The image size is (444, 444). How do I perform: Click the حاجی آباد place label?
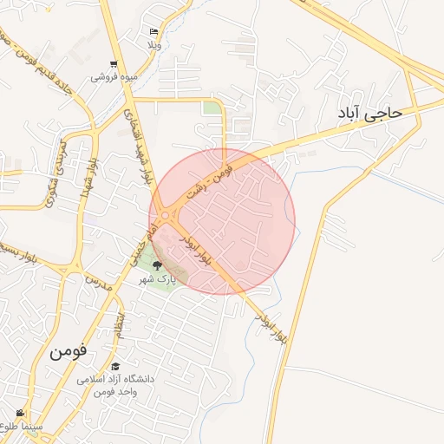[x=372, y=114]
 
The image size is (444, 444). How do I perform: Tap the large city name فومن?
[x=69, y=351]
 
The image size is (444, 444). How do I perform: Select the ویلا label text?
[x=154, y=43]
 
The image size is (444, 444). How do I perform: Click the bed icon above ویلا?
[x=154, y=31]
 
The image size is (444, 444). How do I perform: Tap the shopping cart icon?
[x=114, y=64]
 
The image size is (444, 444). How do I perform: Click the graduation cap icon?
[x=116, y=367]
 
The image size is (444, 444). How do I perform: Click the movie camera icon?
[x=19, y=413]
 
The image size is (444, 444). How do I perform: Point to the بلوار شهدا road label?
[x=88, y=179]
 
